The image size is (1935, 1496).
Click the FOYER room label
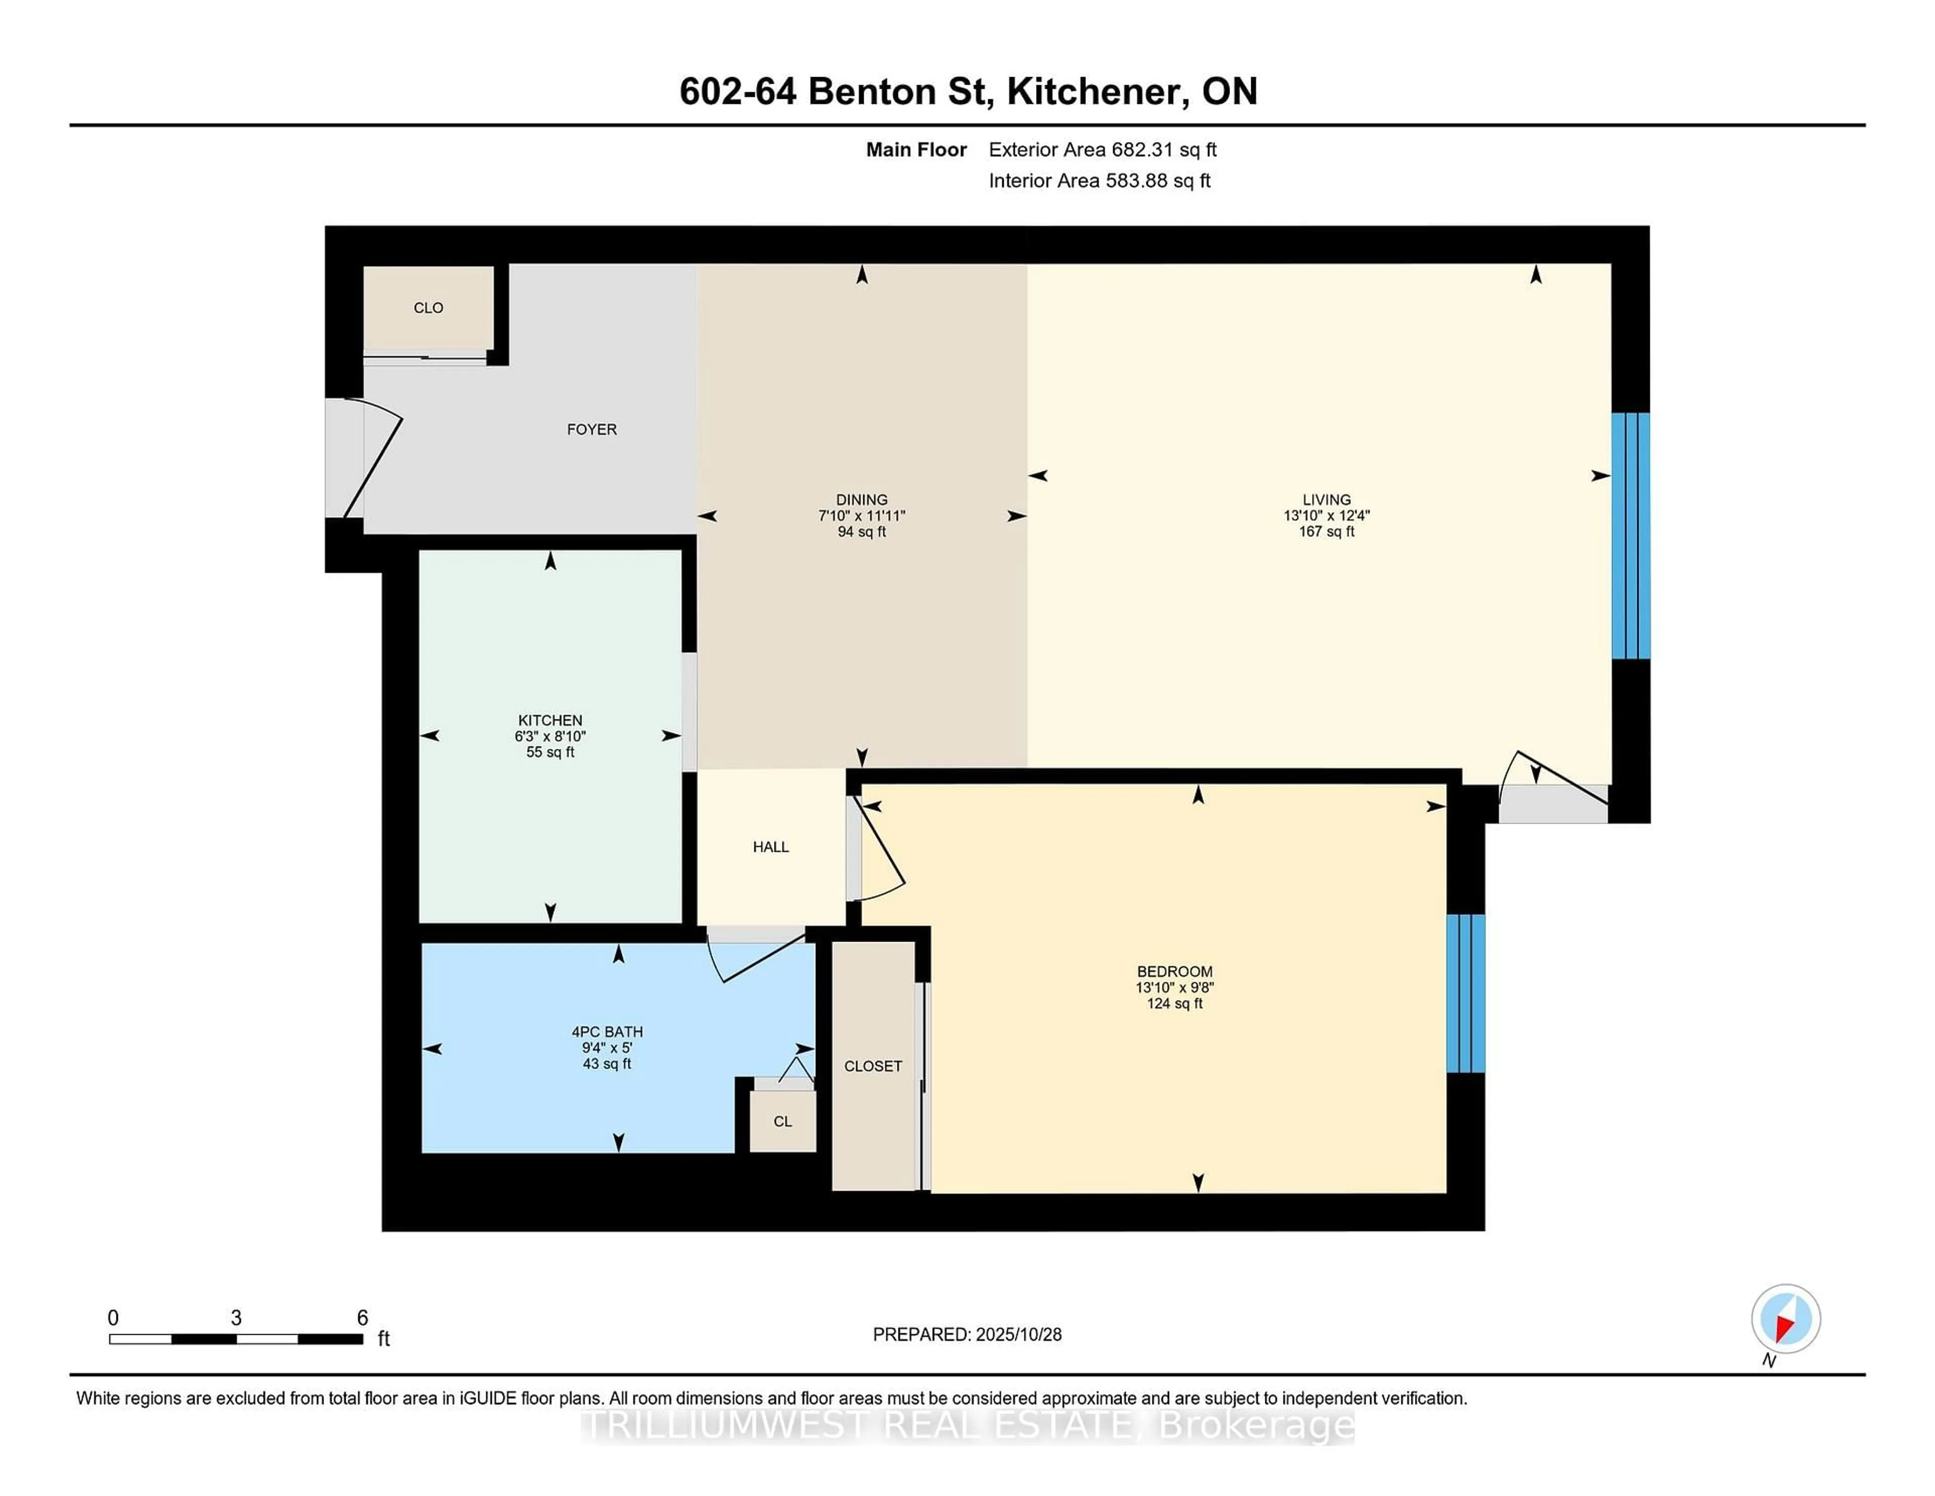pos(591,429)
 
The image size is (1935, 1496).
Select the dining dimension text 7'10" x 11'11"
pos(861,516)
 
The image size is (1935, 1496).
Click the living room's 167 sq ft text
pos(1326,532)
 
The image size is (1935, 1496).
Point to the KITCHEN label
pos(550,720)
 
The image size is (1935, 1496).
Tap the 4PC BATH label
pos(607,1032)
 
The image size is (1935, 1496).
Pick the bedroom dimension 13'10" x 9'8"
pos(1174,987)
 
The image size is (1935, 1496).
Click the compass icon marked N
pos(1785,1319)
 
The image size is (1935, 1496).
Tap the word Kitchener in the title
pos(1097,91)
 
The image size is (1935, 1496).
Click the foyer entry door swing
pos(372,461)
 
